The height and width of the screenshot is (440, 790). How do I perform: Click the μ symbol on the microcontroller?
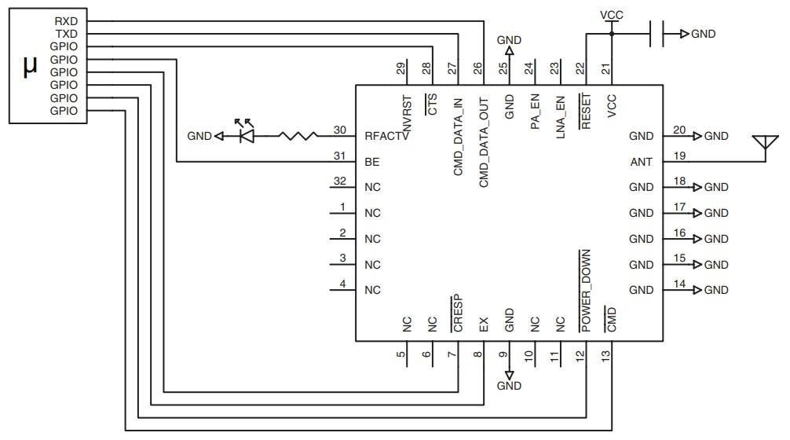click(30, 68)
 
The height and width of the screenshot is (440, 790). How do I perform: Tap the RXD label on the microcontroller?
click(65, 21)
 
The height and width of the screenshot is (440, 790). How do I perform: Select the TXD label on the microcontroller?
click(65, 35)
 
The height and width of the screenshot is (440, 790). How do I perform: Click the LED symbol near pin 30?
click(246, 135)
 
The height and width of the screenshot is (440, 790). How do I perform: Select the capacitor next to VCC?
click(657, 34)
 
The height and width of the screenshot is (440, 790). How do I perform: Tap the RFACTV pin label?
click(386, 136)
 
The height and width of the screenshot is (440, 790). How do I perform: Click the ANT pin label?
click(641, 162)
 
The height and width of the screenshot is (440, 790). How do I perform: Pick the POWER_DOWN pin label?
click(586, 288)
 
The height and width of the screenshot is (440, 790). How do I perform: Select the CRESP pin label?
click(458, 314)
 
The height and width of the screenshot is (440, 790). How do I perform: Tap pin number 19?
click(679, 156)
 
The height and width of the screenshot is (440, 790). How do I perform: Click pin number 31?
click(339, 156)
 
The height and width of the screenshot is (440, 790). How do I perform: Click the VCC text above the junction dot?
click(613, 15)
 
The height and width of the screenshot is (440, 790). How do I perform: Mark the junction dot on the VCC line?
click(613, 34)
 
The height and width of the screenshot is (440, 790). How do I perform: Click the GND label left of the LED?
click(199, 136)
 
